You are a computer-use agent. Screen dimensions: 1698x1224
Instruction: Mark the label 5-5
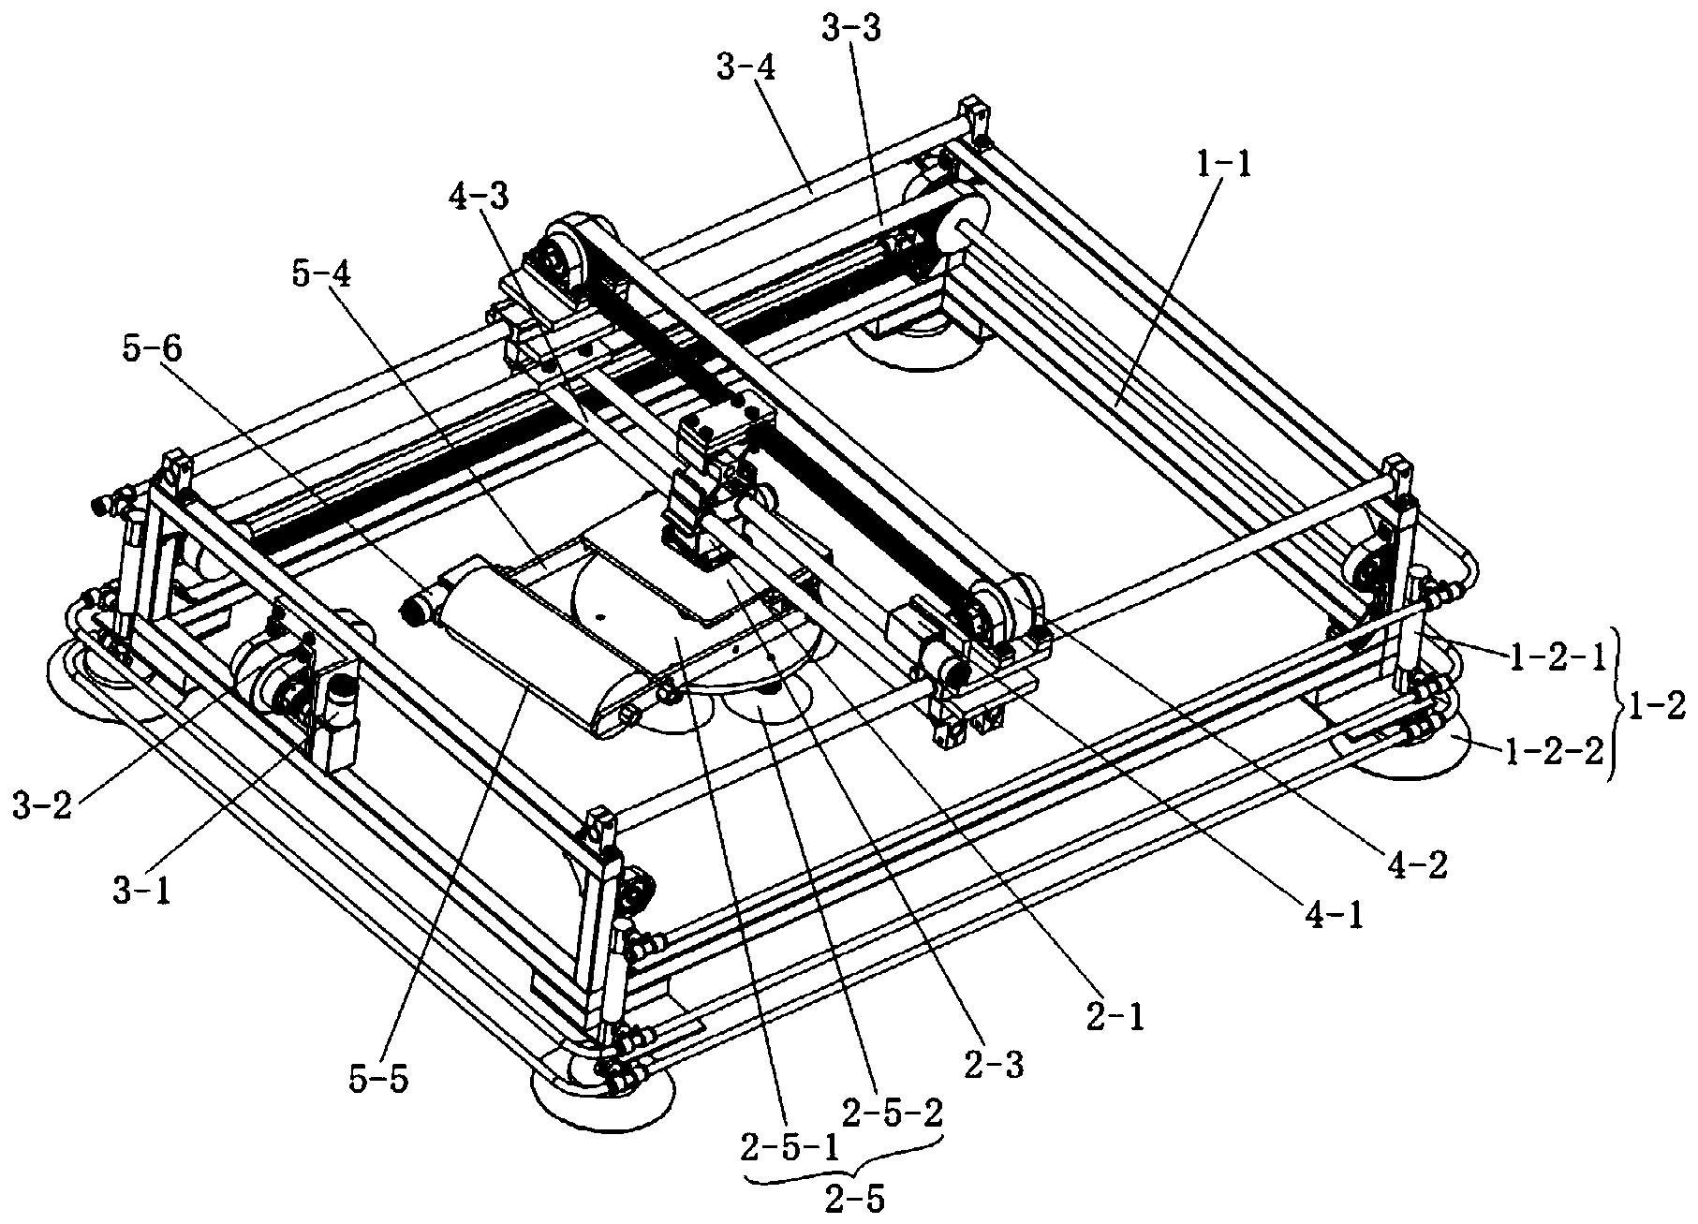point(377,1081)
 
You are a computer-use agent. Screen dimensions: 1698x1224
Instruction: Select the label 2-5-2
point(892,1113)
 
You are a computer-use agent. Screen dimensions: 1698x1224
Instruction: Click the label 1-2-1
point(1556,656)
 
